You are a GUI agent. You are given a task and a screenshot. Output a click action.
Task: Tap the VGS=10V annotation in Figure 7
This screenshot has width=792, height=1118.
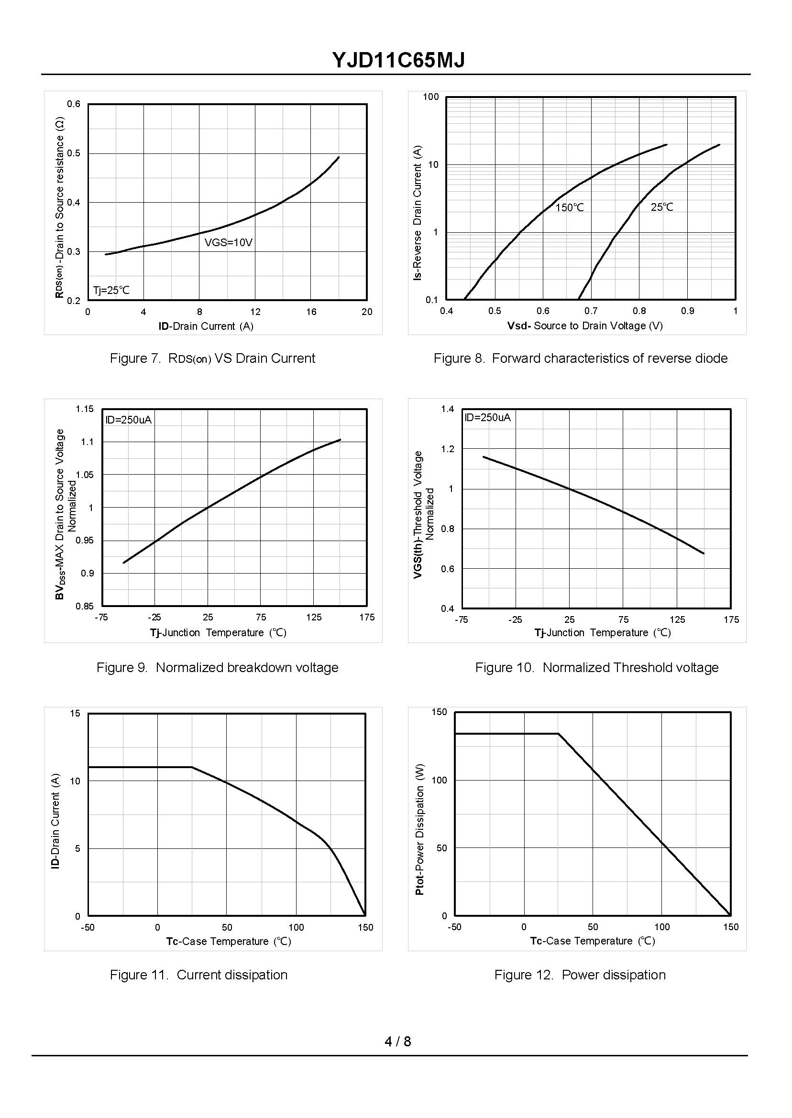click(x=228, y=242)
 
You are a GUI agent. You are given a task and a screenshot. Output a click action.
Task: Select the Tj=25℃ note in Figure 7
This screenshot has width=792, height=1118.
click(x=112, y=291)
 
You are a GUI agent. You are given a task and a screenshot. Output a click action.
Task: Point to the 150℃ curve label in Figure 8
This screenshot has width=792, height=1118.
click(x=570, y=207)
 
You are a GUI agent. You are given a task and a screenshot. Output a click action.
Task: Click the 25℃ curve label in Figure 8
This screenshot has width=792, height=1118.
click(x=662, y=207)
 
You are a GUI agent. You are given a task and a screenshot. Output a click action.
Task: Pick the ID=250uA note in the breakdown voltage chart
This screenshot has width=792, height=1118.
click(x=129, y=420)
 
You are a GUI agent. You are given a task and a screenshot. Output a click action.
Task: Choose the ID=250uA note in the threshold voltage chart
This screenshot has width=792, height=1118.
click(x=487, y=417)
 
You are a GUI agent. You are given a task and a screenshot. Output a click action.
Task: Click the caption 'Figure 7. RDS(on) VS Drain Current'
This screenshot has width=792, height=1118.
click(x=212, y=358)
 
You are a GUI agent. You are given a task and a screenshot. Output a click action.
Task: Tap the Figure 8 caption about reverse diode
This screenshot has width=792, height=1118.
click(x=580, y=358)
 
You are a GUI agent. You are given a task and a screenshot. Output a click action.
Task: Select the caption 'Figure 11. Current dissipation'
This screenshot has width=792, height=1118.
click(x=198, y=975)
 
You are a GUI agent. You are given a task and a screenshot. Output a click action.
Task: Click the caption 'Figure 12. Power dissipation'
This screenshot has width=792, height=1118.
click(x=580, y=975)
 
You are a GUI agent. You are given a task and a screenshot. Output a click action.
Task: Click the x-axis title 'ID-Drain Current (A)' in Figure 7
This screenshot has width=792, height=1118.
click(x=206, y=326)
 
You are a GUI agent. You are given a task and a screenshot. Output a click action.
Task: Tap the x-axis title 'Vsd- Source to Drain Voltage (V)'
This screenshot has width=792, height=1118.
click(x=585, y=326)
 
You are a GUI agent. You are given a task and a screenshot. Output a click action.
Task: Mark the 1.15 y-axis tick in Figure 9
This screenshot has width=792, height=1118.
click(x=84, y=409)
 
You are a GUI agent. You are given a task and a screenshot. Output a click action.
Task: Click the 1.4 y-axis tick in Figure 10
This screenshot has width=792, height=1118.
click(x=447, y=409)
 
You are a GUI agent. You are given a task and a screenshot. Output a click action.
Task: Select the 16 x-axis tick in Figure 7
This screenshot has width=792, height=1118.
click(x=311, y=312)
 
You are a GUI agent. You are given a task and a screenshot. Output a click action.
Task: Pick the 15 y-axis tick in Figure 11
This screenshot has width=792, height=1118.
click(x=75, y=714)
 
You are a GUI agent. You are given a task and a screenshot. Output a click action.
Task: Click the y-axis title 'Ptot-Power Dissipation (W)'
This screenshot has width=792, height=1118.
click(x=420, y=829)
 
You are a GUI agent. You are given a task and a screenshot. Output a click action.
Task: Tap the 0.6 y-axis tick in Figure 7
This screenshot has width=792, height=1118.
click(x=74, y=104)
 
